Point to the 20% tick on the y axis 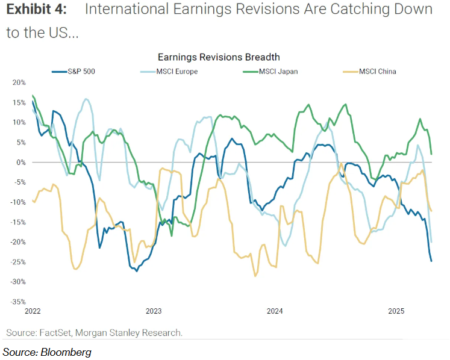tap(19, 82)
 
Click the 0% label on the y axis tap(21, 162)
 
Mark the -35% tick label tap(17, 302)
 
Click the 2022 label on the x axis tap(33, 311)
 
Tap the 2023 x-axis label tap(154, 311)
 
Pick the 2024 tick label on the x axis tap(275, 311)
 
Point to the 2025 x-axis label tap(396, 311)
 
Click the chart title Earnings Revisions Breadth tap(219, 57)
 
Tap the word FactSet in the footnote tap(55, 332)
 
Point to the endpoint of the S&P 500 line tap(431, 261)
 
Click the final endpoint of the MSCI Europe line tap(431, 242)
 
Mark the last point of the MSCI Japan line tap(431, 155)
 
